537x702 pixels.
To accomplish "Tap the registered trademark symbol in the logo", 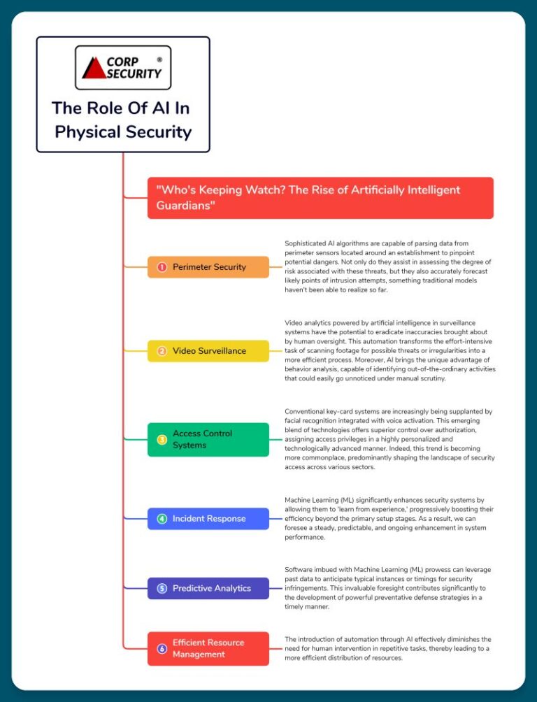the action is (159, 59).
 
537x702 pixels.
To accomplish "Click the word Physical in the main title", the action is (88, 133).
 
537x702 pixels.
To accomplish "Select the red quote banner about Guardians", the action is (321, 198).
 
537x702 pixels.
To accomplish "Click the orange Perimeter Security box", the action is (208, 267).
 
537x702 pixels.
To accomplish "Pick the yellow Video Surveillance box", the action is (208, 351).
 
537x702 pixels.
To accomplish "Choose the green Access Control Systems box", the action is (208, 440).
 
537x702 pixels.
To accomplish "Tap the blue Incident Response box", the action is (208, 519).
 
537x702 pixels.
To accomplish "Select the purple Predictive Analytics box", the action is (208, 588).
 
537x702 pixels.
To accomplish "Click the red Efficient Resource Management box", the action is (208, 649).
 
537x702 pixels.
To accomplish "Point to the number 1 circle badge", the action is (162, 267).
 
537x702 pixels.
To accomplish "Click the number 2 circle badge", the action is (162, 351).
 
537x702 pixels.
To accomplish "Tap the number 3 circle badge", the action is (162, 440).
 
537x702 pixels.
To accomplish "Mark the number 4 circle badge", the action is (162, 519).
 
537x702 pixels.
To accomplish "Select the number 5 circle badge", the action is (162, 588).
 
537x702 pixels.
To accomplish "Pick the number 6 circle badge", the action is (162, 649).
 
